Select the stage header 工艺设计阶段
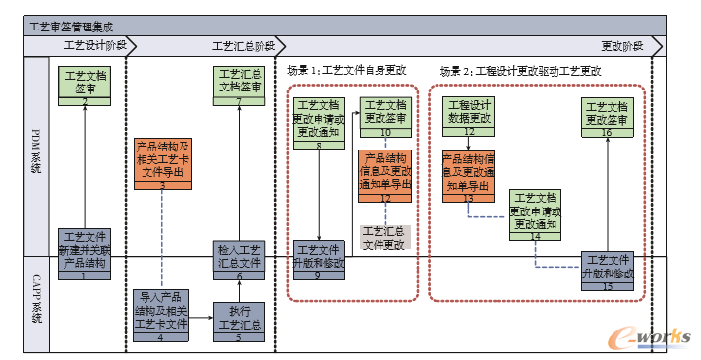(x=94, y=46)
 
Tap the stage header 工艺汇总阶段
(x=244, y=46)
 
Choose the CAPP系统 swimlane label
(x=37, y=304)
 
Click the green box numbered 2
(x=86, y=86)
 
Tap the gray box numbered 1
(x=85, y=254)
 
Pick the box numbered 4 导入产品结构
(x=160, y=309)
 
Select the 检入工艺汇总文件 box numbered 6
(x=239, y=261)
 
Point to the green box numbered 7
(x=239, y=86)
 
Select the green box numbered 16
(x=608, y=115)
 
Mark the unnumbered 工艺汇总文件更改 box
(x=382, y=237)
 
